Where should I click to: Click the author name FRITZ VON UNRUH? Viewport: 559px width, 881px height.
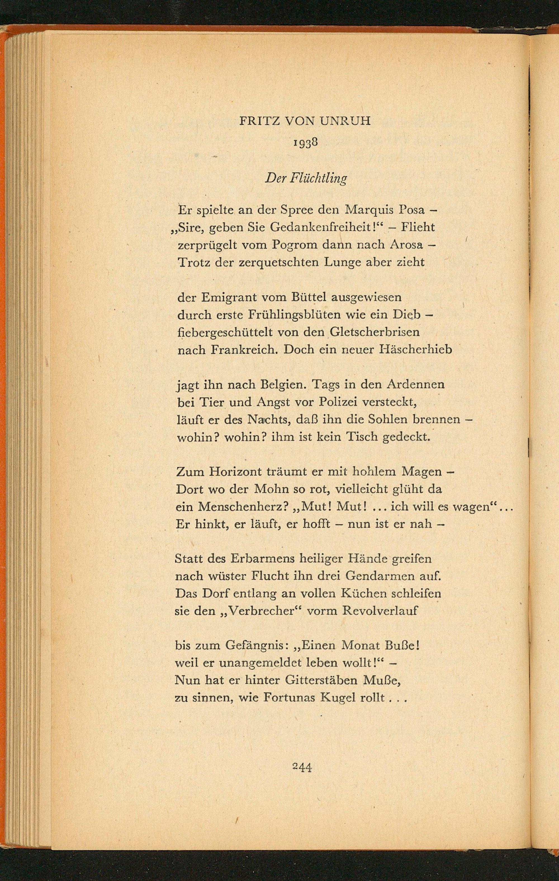coord(305,121)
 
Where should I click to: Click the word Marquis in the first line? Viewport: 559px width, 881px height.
coord(369,210)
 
